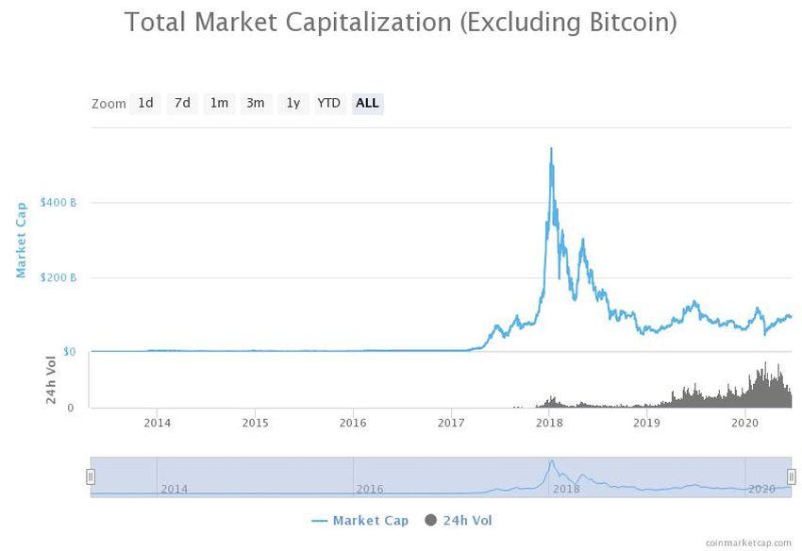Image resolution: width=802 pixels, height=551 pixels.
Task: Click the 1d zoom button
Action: (x=145, y=103)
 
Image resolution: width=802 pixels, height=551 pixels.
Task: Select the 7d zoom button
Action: (x=182, y=103)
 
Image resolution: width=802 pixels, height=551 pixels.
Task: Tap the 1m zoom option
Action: (x=219, y=103)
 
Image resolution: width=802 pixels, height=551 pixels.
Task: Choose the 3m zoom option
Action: (x=255, y=103)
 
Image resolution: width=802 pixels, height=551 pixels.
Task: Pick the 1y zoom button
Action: (x=293, y=103)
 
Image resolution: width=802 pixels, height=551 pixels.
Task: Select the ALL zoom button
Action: (x=367, y=103)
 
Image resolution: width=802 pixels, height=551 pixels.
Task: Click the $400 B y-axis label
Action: (x=58, y=203)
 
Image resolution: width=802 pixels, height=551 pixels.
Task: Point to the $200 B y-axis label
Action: (x=58, y=277)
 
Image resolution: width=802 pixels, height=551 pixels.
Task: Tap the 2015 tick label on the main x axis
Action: (x=255, y=424)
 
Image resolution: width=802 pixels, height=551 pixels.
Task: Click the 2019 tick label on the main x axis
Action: (x=646, y=424)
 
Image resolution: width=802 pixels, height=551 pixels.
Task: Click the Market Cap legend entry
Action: (x=359, y=521)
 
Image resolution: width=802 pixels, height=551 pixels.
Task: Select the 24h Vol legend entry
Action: (x=459, y=521)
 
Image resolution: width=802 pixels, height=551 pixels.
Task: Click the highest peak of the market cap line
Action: (x=551, y=149)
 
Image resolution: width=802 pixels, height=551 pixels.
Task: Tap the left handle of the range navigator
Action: (x=91, y=476)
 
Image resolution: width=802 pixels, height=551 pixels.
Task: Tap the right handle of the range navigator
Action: (x=792, y=476)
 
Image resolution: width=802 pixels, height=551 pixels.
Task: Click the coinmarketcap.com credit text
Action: (x=749, y=543)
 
